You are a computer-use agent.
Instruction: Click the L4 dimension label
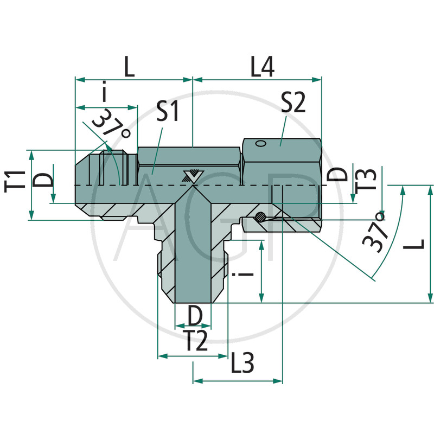pyautogui.click(x=262, y=67)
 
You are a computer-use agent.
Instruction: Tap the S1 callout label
pyautogui.click(x=168, y=111)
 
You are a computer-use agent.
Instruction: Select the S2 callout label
pyautogui.click(x=293, y=102)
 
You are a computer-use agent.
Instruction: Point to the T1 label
pyautogui.click(x=15, y=181)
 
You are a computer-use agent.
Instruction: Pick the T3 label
pyautogui.click(x=365, y=179)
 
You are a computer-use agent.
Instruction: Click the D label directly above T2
pyautogui.click(x=195, y=315)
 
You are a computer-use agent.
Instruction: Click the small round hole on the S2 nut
pyautogui.click(x=261, y=144)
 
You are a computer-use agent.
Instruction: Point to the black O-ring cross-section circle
pyautogui.click(x=260, y=216)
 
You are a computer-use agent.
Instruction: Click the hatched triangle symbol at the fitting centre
pyautogui.click(x=193, y=176)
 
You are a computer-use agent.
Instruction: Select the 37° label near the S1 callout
pyautogui.click(x=112, y=124)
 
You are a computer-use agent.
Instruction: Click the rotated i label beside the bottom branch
pyautogui.click(x=242, y=275)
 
